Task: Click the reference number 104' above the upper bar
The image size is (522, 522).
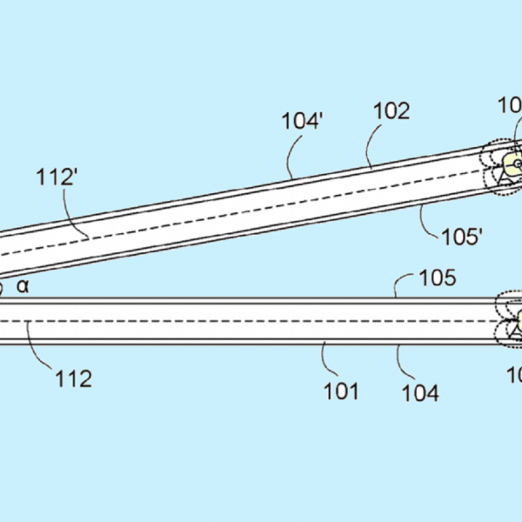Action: [x=303, y=120]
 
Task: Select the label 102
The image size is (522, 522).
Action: [x=391, y=111]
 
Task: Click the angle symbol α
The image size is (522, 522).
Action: [x=23, y=284]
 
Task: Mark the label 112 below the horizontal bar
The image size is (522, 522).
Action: [x=73, y=378]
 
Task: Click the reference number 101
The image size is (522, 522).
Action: [x=342, y=391]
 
